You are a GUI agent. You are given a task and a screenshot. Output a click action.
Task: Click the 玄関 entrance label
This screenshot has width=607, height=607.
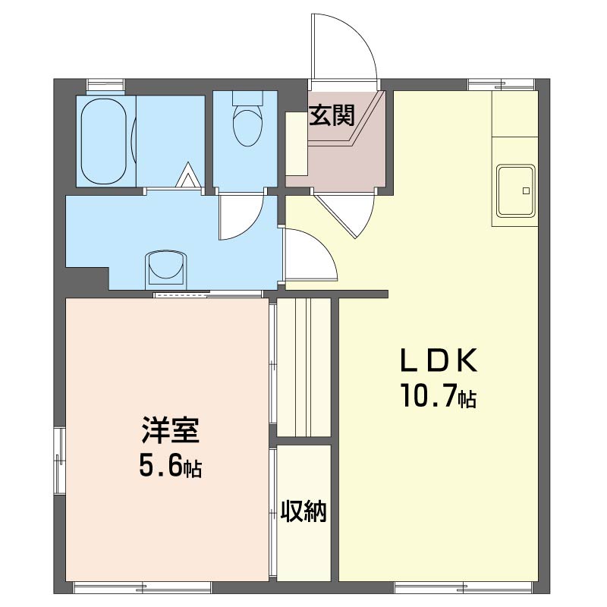(332, 115)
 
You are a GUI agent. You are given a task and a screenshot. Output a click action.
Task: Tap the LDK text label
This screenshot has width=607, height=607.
(439, 360)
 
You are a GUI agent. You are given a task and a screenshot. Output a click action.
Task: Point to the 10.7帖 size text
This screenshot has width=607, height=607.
(439, 395)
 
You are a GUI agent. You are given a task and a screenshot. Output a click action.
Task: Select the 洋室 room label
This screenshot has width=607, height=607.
(170, 429)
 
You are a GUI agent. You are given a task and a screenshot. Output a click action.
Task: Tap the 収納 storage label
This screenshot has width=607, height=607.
(303, 511)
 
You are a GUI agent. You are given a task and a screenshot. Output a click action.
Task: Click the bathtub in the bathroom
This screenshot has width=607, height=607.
(104, 141)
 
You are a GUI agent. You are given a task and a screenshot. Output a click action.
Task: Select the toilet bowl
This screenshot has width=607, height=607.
(248, 127)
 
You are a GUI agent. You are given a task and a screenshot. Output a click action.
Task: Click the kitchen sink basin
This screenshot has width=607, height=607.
(516, 190)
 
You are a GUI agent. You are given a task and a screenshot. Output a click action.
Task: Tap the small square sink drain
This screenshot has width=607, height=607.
(526, 191)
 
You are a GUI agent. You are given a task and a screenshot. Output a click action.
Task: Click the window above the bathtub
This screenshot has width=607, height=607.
(105, 84)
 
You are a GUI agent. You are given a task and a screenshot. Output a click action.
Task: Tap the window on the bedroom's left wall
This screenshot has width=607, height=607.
(59, 460)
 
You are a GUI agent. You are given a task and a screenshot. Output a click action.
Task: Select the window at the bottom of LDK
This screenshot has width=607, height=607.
(464, 587)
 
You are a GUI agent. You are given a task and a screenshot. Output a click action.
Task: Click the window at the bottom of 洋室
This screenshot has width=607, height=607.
(143, 587)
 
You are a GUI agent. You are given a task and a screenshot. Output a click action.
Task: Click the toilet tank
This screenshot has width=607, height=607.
(248, 99)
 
